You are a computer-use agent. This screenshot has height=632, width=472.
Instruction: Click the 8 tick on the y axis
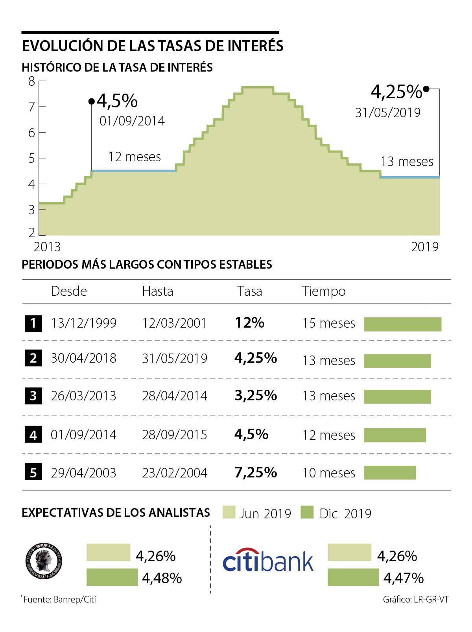pos(32,81)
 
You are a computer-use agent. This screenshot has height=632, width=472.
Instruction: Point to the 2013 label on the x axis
pos(47,247)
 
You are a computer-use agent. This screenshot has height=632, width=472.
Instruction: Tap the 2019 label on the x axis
pos(424,247)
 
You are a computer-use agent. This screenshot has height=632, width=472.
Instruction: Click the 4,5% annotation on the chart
pos(117,101)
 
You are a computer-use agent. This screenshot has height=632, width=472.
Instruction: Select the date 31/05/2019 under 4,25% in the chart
pos(387,113)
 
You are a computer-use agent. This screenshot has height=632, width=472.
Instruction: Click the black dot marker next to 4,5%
pos(92,101)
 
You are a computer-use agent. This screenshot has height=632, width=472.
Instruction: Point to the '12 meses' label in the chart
pos(135,157)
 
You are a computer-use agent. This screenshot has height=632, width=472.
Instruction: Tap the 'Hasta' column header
pos(157,291)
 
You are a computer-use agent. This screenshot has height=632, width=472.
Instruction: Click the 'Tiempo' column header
pos(323,291)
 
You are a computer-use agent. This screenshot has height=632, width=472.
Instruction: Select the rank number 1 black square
pos(33,323)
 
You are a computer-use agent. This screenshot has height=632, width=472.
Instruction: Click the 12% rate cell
pos(249,323)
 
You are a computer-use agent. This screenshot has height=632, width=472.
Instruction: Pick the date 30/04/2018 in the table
pos(83,358)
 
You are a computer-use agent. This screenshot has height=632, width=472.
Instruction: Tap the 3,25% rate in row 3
pos(256,396)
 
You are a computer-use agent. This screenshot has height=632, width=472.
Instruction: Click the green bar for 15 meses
pos(402,324)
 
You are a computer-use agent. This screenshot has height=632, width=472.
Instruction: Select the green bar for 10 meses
pos(389,473)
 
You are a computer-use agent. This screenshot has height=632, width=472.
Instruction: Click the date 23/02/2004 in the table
pos(175,473)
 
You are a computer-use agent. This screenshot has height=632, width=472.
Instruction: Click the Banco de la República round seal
pos(44,561)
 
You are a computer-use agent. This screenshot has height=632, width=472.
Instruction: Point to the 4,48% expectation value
pos(162,578)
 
